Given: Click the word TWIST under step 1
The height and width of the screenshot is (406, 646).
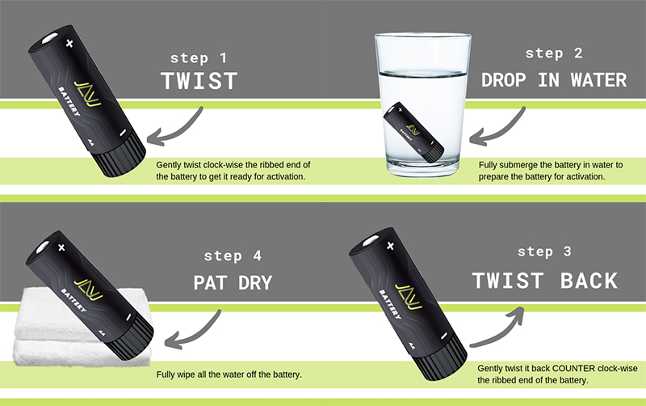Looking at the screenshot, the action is [x=199, y=81].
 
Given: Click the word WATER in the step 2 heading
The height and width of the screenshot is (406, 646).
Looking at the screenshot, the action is [x=598, y=80].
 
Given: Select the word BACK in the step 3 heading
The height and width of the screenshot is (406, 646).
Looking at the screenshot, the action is [x=589, y=281].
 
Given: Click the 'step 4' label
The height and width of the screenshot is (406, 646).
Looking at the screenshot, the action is [x=233, y=256].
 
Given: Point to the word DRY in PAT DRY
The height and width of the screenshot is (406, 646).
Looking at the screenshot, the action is [x=255, y=283].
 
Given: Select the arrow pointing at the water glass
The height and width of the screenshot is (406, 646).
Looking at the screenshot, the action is [x=497, y=127].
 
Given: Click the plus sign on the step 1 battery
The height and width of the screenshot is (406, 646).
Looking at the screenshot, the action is [x=69, y=43].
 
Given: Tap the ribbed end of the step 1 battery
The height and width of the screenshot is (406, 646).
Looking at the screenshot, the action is [x=120, y=154].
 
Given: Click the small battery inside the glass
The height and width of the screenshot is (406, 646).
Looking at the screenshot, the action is [x=413, y=132].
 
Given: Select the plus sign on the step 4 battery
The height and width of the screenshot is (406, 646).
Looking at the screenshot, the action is [x=61, y=247].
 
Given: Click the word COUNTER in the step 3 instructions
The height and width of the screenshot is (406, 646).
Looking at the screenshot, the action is [x=574, y=368].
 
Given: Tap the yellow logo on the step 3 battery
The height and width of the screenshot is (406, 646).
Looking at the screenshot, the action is [x=409, y=296].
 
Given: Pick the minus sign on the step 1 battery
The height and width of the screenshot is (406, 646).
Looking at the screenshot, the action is [x=123, y=133].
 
